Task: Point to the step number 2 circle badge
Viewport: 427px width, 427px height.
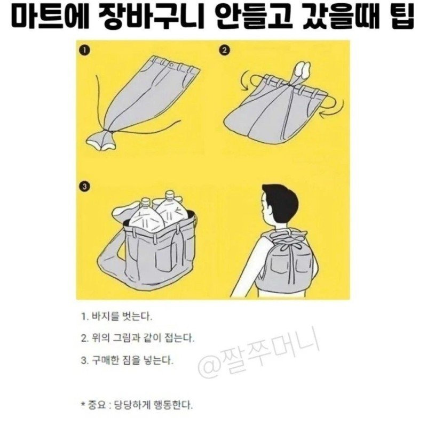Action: click(x=224, y=51)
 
